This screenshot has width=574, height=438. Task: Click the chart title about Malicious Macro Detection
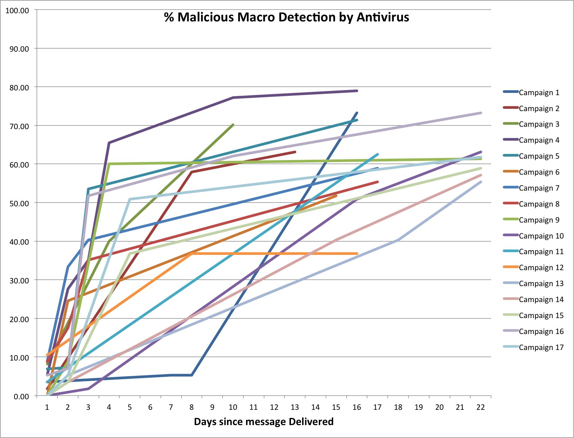point(286,17)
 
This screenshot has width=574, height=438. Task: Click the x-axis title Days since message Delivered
point(264,422)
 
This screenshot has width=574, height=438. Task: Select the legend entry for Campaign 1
point(539,92)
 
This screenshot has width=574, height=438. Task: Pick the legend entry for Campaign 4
point(539,140)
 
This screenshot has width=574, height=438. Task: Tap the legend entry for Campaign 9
point(539,220)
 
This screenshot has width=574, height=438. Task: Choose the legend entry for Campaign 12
point(541,267)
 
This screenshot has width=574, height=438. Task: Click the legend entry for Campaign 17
point(541,347)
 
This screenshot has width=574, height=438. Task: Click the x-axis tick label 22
point(481,407)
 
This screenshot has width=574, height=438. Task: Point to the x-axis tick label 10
point(233,407)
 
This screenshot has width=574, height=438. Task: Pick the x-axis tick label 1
point(47,407)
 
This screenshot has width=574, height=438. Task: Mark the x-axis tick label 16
point(356,407)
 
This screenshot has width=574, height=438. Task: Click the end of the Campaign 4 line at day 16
point(357,91)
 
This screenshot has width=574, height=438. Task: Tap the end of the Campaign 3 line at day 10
point(233,125)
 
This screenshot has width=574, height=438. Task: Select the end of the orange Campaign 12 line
point(357,253)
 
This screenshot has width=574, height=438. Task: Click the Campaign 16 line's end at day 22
point(481,113)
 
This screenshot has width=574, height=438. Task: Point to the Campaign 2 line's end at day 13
point(295,152)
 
